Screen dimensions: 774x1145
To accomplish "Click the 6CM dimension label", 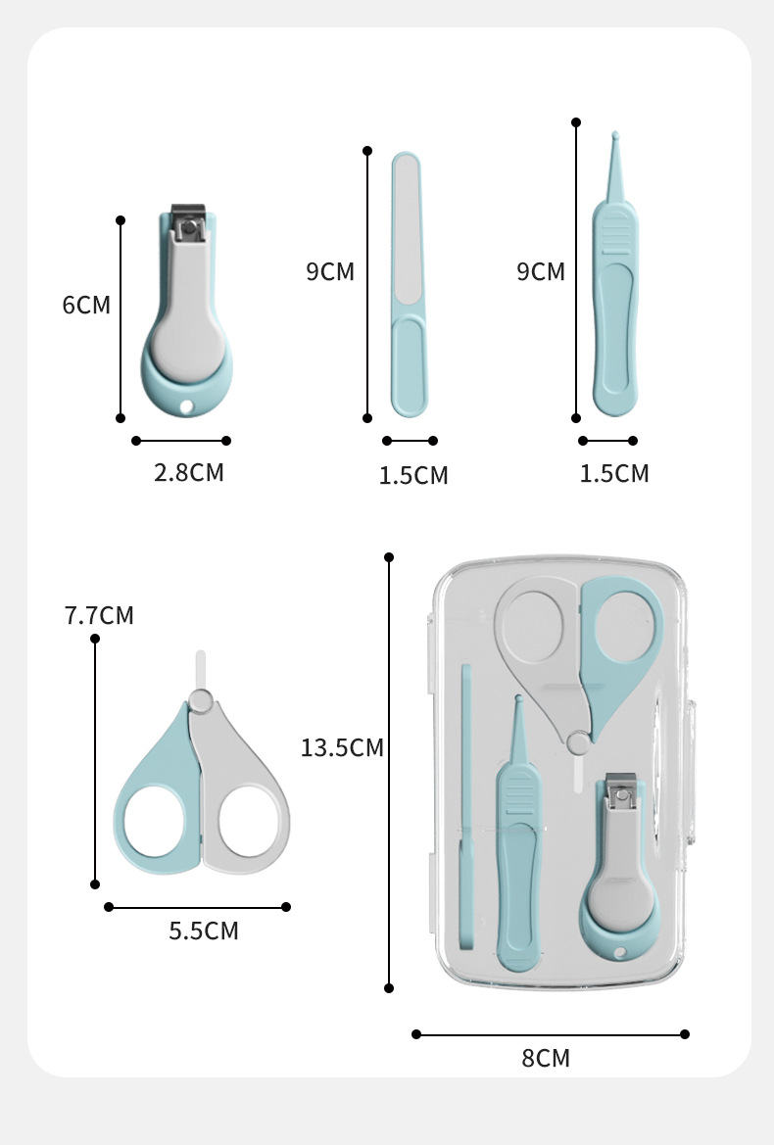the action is [86, 305].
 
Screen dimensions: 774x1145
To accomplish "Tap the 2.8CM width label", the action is [188, 472].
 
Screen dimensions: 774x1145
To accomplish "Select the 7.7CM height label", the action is [99, 615].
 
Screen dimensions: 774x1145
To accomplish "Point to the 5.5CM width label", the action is [204, 931].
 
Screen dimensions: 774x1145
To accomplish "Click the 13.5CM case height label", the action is [343, 747].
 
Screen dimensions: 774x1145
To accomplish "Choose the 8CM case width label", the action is [546, 1058].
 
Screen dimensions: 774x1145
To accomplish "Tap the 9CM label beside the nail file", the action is [330, 271].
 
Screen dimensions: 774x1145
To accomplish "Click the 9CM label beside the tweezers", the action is [541, 271].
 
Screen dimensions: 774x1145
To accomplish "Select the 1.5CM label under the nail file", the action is [413, 475].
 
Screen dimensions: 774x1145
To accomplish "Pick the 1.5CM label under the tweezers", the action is [614, 474].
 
